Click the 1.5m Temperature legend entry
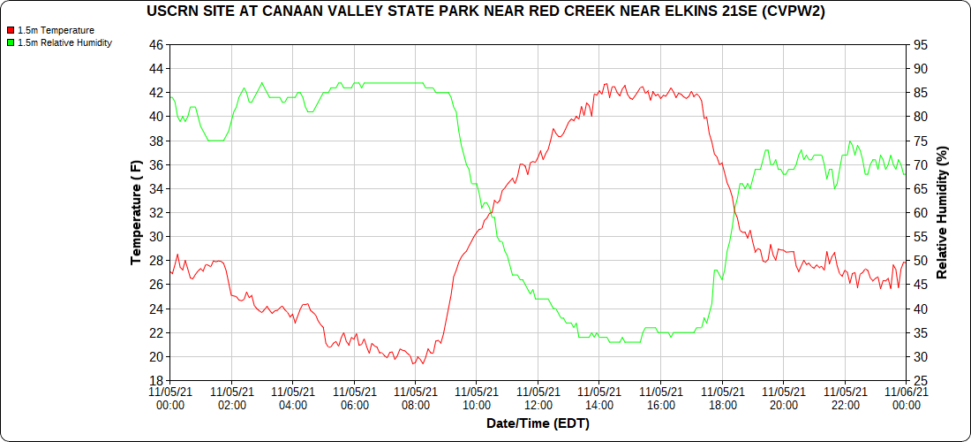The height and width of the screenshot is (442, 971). coord(56,30)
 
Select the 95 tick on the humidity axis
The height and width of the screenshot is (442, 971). coord(919,44)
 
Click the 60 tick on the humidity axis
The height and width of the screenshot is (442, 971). coord(919,212)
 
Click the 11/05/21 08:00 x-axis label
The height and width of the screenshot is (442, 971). coord(416,398)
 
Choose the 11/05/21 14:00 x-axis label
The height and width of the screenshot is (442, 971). coord(599,398)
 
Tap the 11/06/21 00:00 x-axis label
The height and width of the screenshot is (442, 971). coord(907,398)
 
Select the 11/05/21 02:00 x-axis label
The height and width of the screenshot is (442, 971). coord(231,398)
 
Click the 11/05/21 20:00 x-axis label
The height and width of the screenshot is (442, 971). coord(784,398)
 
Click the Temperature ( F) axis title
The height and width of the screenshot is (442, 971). coord(136,212)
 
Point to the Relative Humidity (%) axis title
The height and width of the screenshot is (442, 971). coord(942,212)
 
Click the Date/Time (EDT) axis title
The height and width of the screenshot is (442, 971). coord(538,423)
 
